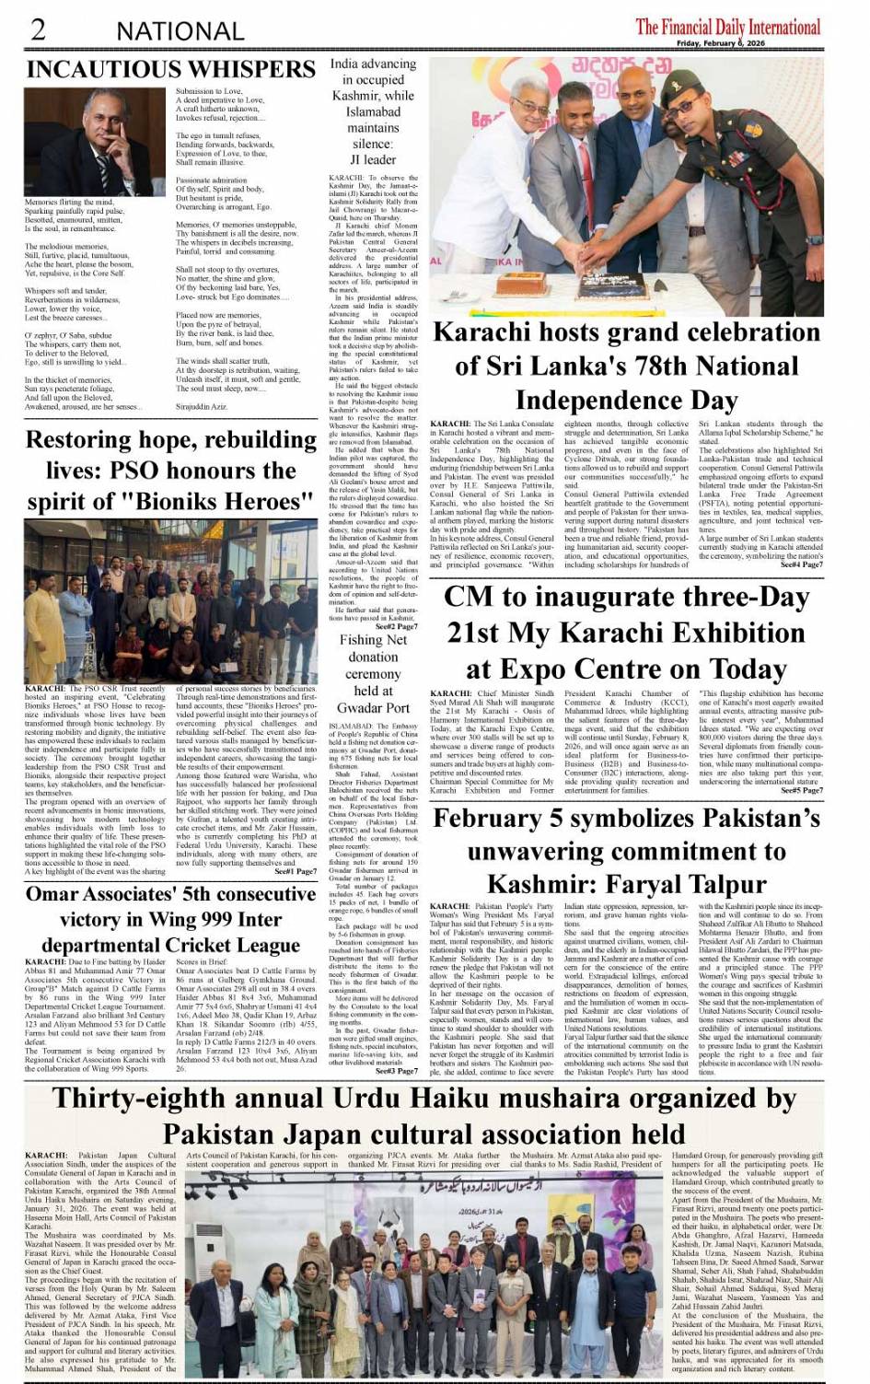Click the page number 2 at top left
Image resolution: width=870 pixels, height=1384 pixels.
38,29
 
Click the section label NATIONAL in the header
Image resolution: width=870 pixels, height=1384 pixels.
180,30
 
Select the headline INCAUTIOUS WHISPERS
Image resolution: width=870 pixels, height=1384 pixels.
171,69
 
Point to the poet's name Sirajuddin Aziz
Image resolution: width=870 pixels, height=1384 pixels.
201,405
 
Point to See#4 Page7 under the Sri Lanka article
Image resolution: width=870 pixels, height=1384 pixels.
801,564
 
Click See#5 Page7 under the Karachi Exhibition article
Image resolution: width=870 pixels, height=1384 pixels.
801,790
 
